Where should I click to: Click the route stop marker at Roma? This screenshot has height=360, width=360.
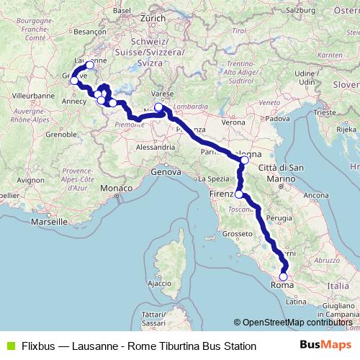click(x=283, y=276)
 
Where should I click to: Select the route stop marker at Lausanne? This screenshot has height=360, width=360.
click(x=90, y=65)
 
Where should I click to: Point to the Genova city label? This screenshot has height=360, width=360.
click(x=166, y=172)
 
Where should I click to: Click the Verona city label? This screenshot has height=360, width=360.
click(x=233, y=122)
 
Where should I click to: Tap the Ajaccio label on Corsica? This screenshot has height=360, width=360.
click(x=159, y=284)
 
